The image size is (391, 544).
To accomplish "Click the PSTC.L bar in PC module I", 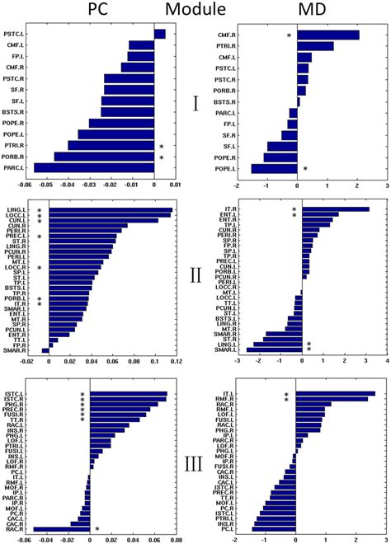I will coord(160,34).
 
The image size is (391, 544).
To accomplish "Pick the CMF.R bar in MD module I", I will coord(327,35).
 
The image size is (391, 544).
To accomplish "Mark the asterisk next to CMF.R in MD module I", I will coord(289,36).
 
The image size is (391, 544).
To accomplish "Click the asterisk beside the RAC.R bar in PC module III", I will coord(97,529).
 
